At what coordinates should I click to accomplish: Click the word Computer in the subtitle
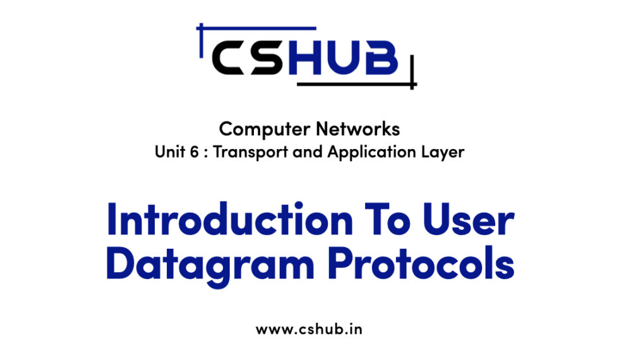pyautogui.click(x=257, y=129)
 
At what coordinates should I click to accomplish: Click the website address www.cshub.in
pyautogui.click(x=309, y=329)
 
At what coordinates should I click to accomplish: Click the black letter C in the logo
pyautogui.click(x=233, y=59)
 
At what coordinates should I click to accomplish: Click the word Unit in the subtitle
pyautogui.click(x=167, y=153)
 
